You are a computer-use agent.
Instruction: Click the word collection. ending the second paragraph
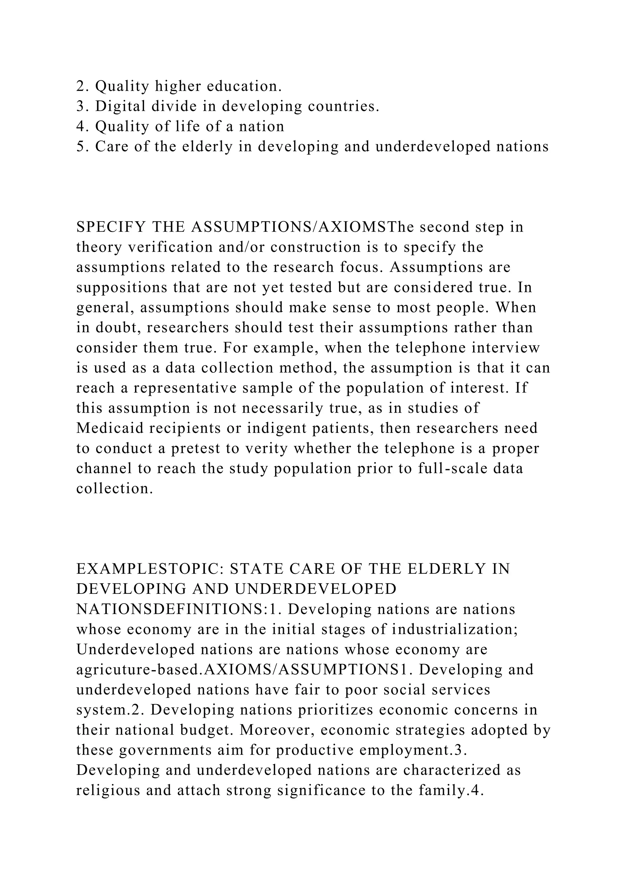click(x=114, y=489)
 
